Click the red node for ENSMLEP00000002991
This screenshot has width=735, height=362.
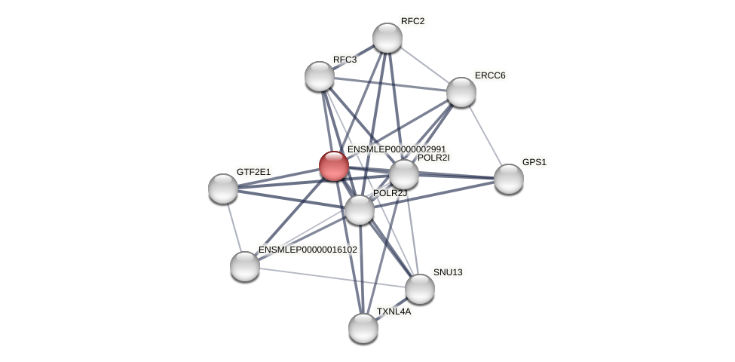click(x=333, y=166)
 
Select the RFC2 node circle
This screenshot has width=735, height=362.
click(x=387, y=38)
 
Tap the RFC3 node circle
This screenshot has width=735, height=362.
click(x=320, y=76)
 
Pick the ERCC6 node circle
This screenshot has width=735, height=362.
click(x=461, y=92)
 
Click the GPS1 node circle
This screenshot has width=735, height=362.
click(x=508, y=179)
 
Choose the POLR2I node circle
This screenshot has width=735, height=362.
click(x=404, y=174)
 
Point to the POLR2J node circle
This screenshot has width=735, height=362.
click(x=360, y=210)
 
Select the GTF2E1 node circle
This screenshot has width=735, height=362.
click(x=223, y=189)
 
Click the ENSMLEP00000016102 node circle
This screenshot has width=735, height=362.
click(x=245, y=265)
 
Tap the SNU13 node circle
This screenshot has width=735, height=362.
click(x=420, y=288)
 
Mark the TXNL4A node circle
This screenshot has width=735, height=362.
click(x=363, y=327)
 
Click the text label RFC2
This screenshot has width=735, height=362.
click(x=412, y=21)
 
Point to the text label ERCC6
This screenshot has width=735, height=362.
click(x=490, y=75)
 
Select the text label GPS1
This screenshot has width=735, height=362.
click(x=534, y=162)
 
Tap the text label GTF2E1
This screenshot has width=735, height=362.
click(x=253, y=172)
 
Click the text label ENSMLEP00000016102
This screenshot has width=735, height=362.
click(x=308, y=250)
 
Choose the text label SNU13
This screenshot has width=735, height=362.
click(x=448, y=272)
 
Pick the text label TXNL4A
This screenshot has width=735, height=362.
click(x=394, y=311)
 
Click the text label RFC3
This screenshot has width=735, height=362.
click(x=345, y=60)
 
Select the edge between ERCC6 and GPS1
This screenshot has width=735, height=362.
click(x=485, y=136)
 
